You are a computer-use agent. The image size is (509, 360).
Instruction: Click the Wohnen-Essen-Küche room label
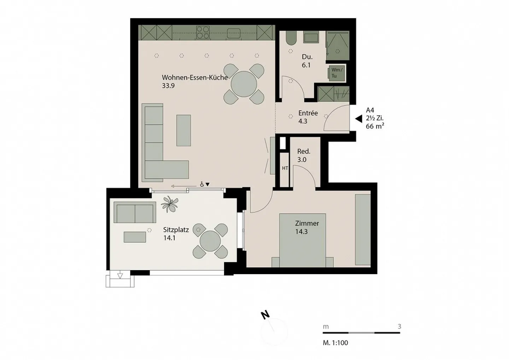[195, 77]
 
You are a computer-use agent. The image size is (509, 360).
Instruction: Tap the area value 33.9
[168, 86]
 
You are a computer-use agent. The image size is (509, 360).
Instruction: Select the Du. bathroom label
[307, 57]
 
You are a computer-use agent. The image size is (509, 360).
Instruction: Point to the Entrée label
[308, 113]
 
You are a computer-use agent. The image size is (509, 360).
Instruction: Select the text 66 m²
[375, 126]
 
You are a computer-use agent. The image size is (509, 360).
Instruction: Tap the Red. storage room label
[304, 151]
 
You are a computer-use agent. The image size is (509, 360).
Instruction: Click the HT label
[285, 168]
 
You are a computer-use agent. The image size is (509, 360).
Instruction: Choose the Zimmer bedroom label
[307, 223]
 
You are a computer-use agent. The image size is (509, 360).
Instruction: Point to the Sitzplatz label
[176, 230]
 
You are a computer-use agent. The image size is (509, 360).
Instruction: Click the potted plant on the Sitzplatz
[169, 204]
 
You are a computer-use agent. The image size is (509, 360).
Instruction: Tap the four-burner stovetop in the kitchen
[203, 32]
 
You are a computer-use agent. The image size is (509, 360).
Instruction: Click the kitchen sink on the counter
[234, 33]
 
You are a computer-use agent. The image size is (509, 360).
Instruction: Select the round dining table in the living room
[244, 84]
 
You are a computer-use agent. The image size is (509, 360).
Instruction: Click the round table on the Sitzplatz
[210, 241]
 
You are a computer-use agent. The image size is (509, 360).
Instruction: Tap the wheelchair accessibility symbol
[202, 184]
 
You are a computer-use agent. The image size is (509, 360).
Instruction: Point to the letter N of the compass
[265, 315]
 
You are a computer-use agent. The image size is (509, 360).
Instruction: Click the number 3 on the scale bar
[399, 327]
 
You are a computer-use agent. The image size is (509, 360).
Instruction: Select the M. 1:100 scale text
[335, 343]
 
